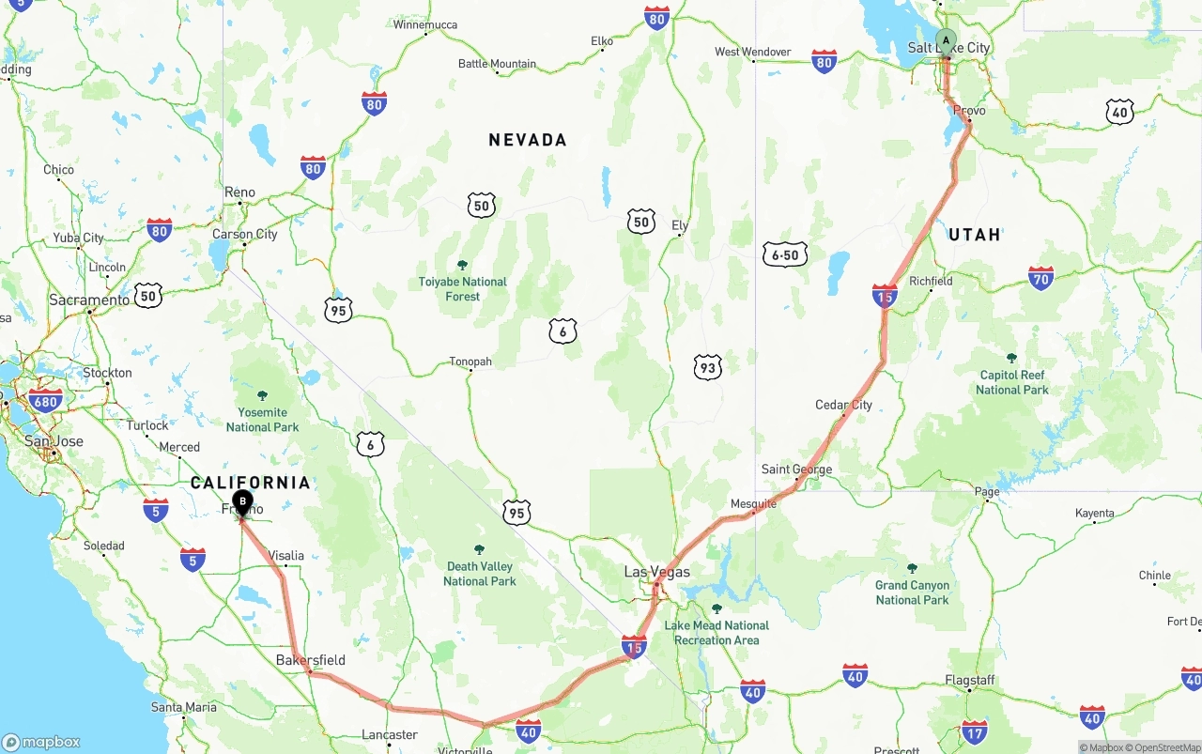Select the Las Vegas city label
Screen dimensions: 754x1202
[656, 572]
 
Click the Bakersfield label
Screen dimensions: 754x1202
[310, 660]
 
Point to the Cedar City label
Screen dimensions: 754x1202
[843, 405]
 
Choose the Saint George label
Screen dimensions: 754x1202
[796, 469]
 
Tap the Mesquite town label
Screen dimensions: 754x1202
[753, 504]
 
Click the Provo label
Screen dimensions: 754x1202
[969, 111]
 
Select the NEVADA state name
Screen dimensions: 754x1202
[528, 140]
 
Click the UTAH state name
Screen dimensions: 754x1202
[974, 235]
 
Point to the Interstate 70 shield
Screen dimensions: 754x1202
[1040, 278]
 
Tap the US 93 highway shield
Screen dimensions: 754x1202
[708, 368]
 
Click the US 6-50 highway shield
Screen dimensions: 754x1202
[785, 254]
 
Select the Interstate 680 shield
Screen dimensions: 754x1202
[45, 401]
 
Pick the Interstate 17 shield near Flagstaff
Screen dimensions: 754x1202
[975, 731]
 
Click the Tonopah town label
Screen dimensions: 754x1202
[470, 362]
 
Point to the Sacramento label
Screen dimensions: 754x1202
[89, 300]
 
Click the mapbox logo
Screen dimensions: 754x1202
[42, 741]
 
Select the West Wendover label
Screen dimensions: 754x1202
[752, 53]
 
